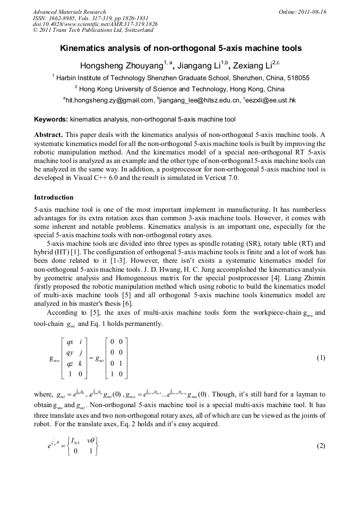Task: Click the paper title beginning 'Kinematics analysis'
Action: pyautogui.click(x=181, y=48)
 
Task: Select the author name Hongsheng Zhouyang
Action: pyautogui.click(x=121, y=66)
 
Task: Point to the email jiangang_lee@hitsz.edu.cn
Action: pyautogui.click(x=199, y=100)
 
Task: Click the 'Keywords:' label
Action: pyautogui.click(x=51, y=119)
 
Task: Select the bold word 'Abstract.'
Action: pyautogui.click(x=49, y=135)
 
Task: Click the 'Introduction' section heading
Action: pyautogui.click(x=54, y=197)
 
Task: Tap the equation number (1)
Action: pyautogui.click(x=321, y=358)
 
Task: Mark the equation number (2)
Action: pyautogui.click(x=321, y=446)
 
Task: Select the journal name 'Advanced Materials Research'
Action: pyautogui.click(x=70, y=12)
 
